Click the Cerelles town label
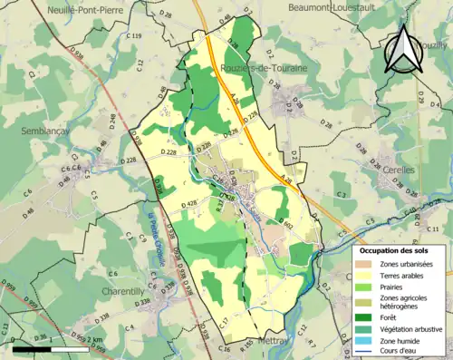(x=398, y=170)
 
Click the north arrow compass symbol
(x=405, y=49)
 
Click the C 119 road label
(x=134, y=35)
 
